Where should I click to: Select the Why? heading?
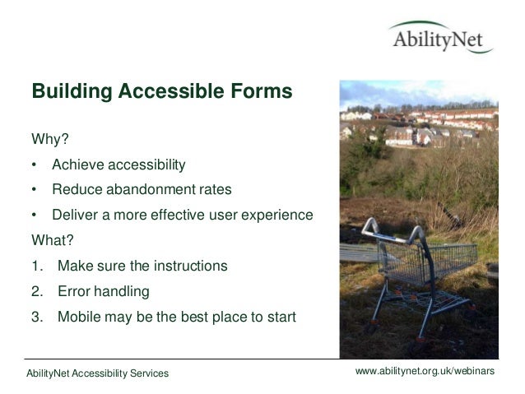click(49, 137)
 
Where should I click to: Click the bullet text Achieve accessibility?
click(118, 164)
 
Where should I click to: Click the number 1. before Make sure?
click(37, 267)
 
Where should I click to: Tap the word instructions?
click(187, 267)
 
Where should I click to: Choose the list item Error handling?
click(103, 292)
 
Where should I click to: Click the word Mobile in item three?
click(80, 318)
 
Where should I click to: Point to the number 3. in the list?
click(37, 318)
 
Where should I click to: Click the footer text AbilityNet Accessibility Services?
click(97, 374)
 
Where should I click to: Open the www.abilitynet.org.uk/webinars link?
click(424, 373)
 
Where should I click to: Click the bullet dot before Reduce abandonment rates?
click(35, 190)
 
